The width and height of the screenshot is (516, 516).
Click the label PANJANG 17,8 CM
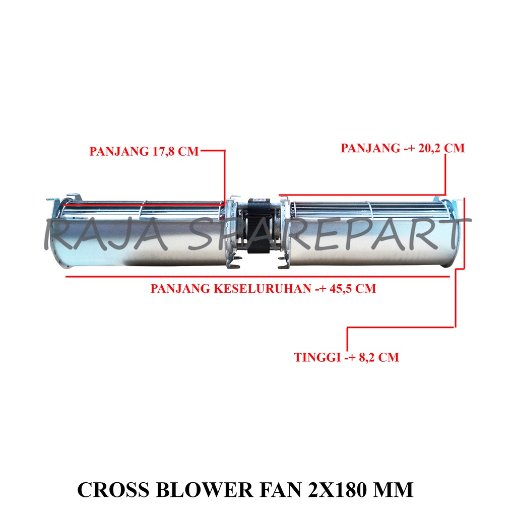point(144,152)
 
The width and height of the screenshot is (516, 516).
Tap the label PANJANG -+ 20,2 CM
point(403,148)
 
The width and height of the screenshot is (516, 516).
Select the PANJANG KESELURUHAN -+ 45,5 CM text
point(264,289)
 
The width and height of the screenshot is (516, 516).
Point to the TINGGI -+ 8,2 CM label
point(346,357)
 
